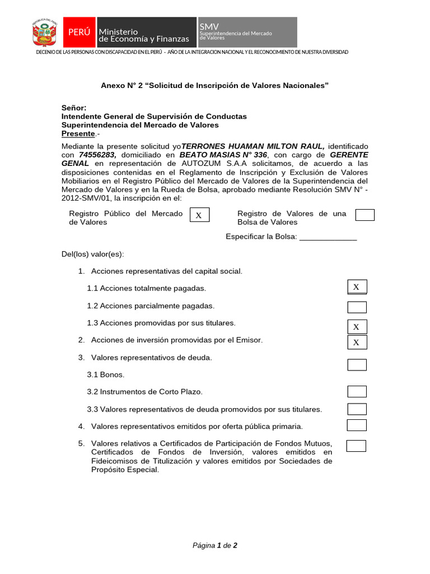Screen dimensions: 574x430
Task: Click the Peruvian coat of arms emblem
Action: click(x=45, y=33)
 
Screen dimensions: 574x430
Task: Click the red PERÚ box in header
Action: click(x=79, y=33)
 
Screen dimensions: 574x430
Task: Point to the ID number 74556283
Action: click(x=97, y=155)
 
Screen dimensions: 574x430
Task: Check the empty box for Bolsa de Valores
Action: click(x=365, y=215)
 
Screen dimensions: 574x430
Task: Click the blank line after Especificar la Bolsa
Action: click(x=328, y=237)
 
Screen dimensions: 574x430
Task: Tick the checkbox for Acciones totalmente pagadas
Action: click(x=357, y=288)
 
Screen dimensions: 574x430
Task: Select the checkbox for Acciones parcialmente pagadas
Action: click(x=357, y=307)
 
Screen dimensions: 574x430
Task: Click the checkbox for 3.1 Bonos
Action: click(x=357, y=365)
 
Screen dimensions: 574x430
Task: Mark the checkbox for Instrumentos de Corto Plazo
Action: click(x=357, y=392)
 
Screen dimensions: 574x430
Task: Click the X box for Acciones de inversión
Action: click(x=357, y=342)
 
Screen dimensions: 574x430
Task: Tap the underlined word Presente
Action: click(x=78, y=134)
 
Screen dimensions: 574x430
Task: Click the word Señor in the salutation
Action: click(x=74, y=108)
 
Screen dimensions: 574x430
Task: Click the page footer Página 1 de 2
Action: click(x=215, y=545)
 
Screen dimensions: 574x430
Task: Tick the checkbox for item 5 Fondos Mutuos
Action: click(x=356, y=446)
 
